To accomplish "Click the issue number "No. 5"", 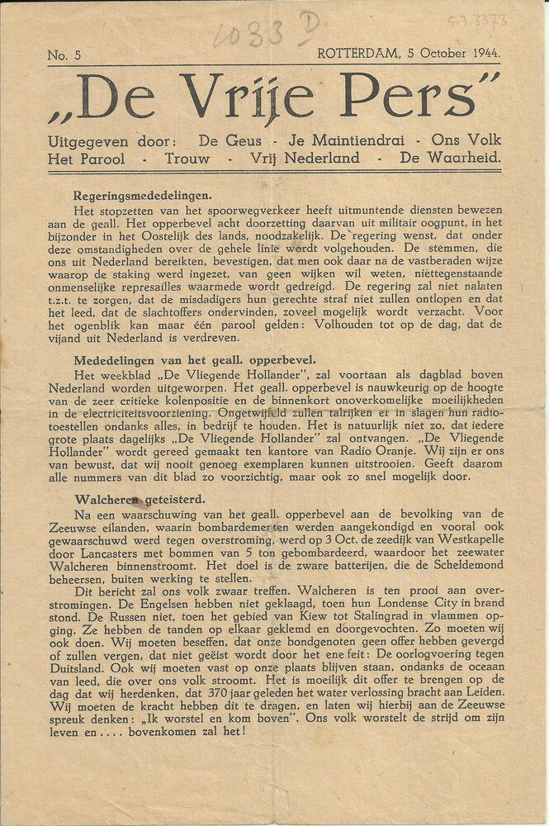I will coord(64,55).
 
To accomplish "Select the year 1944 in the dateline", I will coord(480,54).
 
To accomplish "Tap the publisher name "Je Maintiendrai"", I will coord(335,140).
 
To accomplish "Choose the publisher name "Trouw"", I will coord(187,157).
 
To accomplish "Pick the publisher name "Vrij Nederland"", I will coord(305,157).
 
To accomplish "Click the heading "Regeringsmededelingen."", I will coord(143,196).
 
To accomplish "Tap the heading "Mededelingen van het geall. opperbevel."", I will coord(194,360).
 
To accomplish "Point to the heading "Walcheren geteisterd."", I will coord(140,500).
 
